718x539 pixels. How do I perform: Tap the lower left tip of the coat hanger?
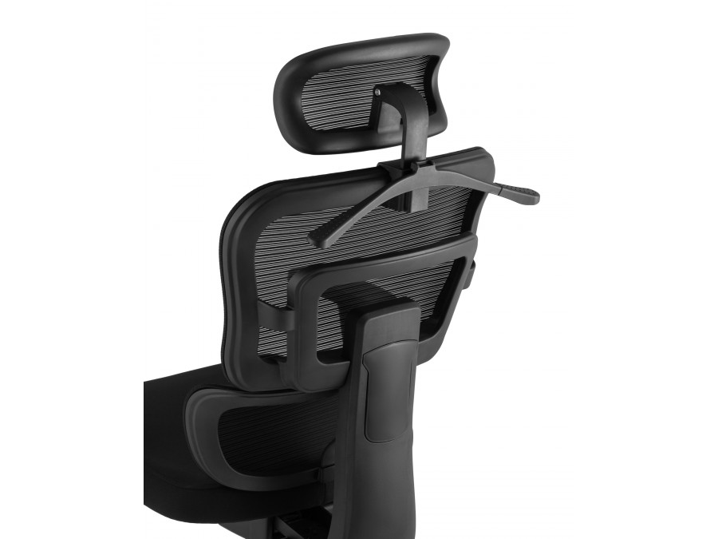317,237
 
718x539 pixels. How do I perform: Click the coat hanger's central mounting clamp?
407,169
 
